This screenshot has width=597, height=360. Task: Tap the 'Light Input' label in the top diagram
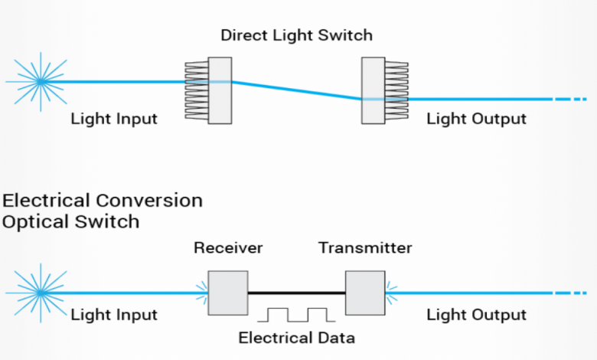tap(114, 119)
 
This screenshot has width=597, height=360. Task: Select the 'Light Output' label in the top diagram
tap(476, 119)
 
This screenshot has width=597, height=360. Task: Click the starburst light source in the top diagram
tap(38, 80)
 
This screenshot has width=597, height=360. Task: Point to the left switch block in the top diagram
tap(220, 90)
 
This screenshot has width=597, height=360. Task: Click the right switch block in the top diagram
tap(373, 90)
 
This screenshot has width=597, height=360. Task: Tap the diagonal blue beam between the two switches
tap(297, 90)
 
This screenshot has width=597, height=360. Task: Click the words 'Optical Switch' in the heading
tap(70, 221)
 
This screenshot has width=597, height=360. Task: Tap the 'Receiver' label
tap(228, 248)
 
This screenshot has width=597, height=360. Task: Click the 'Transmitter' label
tap(365, 248)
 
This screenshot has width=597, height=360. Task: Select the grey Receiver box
tap(228, 292)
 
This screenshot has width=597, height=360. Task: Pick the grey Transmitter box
tap(365, 292)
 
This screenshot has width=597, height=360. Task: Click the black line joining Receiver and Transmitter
tap(296, 292)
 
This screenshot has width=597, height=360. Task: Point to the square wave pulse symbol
tap(296, 314)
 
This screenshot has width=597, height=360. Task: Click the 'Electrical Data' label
tap(296, 338)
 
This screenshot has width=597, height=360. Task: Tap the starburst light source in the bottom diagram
tap(38, 292)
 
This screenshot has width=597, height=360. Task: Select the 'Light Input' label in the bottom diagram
tap(114, 315)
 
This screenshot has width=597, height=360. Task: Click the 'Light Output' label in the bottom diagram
tap(476, 315)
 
